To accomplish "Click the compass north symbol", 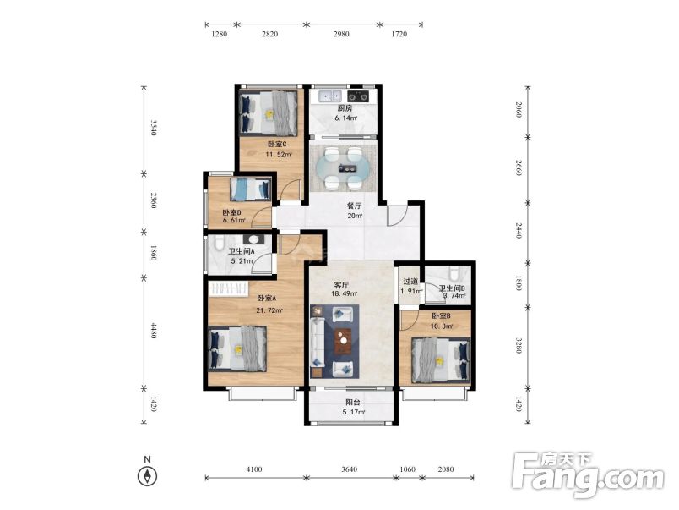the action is point(147,476).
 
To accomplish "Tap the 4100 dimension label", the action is point(253,469).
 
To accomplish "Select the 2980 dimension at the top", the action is point(341,34).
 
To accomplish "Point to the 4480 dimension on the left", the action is point(153,331).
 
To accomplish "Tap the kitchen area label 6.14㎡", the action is point(346,118).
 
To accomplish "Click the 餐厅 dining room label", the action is point(354,206).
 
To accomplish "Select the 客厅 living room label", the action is point(341,285).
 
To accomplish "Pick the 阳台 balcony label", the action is point(353,403).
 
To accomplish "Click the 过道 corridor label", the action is point(410,282).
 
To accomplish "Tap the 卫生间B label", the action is point(452,288).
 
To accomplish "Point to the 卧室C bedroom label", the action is point(277,144).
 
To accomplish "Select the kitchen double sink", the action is point(330,96).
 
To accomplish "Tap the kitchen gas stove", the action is point(359,96).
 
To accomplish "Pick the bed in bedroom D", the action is point(250,189).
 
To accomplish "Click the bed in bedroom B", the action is point(441,360).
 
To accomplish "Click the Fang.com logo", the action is point(588,475).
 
